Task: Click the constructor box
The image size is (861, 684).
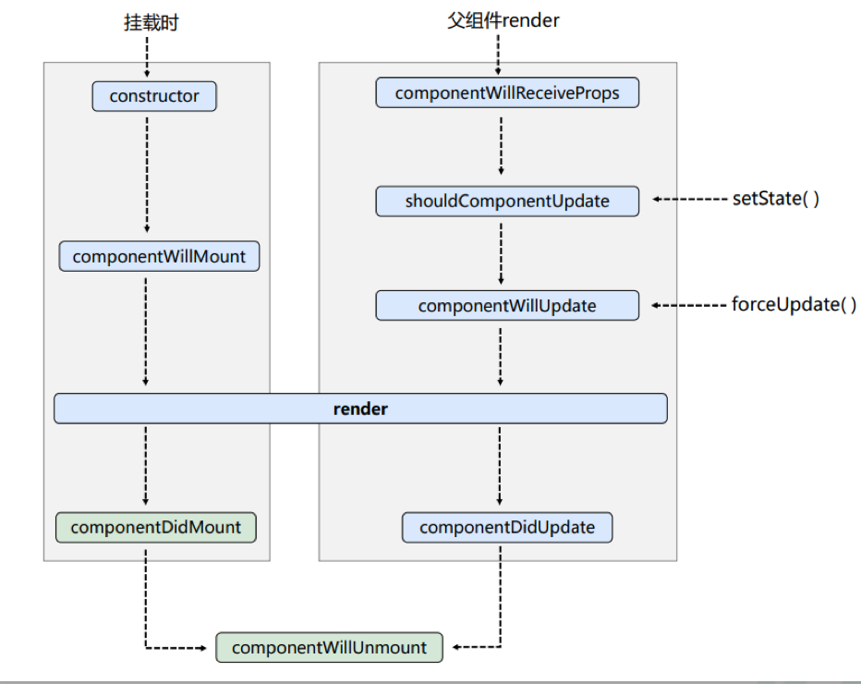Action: [154, 96]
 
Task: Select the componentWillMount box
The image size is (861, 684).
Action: [159, 256]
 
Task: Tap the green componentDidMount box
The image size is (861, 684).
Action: [156, 528]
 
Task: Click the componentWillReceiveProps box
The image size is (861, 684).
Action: [507, 92]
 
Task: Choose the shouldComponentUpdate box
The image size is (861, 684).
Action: [507, 202]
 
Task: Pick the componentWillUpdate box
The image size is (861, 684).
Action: [507, 305]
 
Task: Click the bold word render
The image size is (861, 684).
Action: [360, 409]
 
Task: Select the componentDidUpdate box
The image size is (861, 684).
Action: [507, 528]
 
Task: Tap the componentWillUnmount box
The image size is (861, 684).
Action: [330, 647]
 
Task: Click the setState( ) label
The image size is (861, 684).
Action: [776, 199]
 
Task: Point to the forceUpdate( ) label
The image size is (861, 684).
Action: [794, 304]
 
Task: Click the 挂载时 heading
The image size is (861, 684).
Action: [151, 22]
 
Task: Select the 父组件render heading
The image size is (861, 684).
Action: [503, 20]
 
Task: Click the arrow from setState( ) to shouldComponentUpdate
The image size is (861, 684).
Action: [690, 199]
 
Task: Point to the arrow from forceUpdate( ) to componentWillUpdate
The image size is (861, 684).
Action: [689, 305]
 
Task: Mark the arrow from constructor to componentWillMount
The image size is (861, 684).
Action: [147, 175]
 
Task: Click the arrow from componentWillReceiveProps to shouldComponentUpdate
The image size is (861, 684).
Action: [501, 146]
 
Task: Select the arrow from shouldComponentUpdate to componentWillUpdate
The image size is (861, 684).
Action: [501, 254]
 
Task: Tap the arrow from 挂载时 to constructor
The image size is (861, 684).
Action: [147, 57]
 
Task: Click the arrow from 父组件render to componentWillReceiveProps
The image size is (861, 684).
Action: [498, 55]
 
